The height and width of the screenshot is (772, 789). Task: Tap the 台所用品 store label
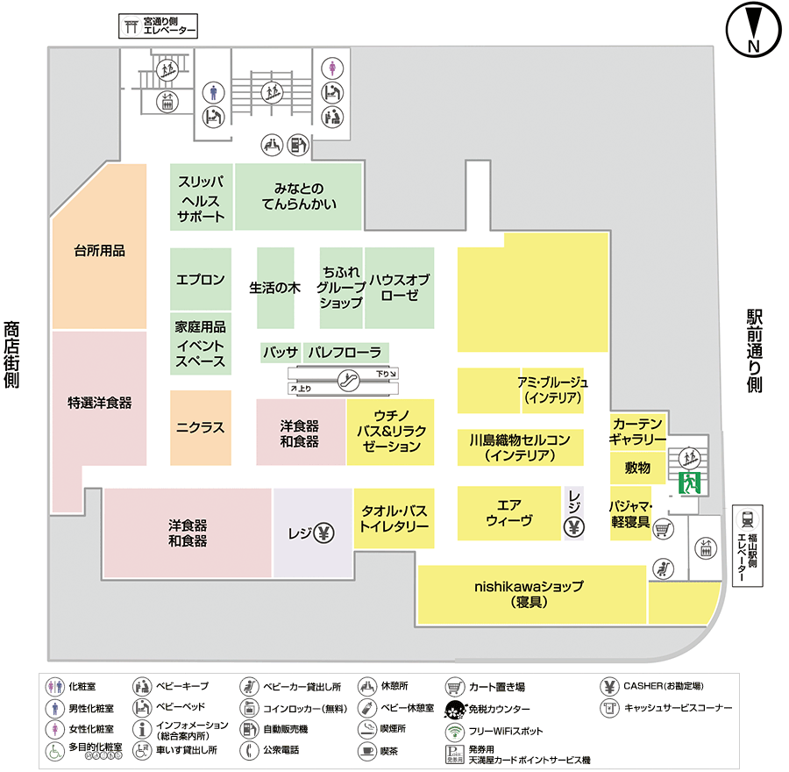pos(99,251)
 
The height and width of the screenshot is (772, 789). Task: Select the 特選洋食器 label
pos(99,403)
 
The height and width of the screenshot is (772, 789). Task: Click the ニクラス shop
pos(201,428)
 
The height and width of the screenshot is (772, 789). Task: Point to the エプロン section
pos(201,280)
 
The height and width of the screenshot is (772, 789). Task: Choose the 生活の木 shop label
pos(274,287)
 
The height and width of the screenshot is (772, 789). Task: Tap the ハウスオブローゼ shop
pos(399,287)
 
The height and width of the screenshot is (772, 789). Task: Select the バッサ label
pos(281,352)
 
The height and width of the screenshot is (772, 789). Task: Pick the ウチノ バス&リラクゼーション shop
pos(390,431)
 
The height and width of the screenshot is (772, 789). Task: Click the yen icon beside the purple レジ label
pos(323,532)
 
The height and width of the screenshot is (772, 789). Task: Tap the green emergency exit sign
pos(690,482)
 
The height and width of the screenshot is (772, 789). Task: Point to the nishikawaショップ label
pos(528,594)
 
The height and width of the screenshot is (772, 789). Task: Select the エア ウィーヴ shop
pos(508,512)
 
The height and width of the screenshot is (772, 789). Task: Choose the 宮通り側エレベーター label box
pos(158,25)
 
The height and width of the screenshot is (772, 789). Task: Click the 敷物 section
pos(636,468)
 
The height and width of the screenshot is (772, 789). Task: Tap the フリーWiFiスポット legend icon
pos(454,730)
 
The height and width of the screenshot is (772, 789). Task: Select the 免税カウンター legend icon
pos(454,709)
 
